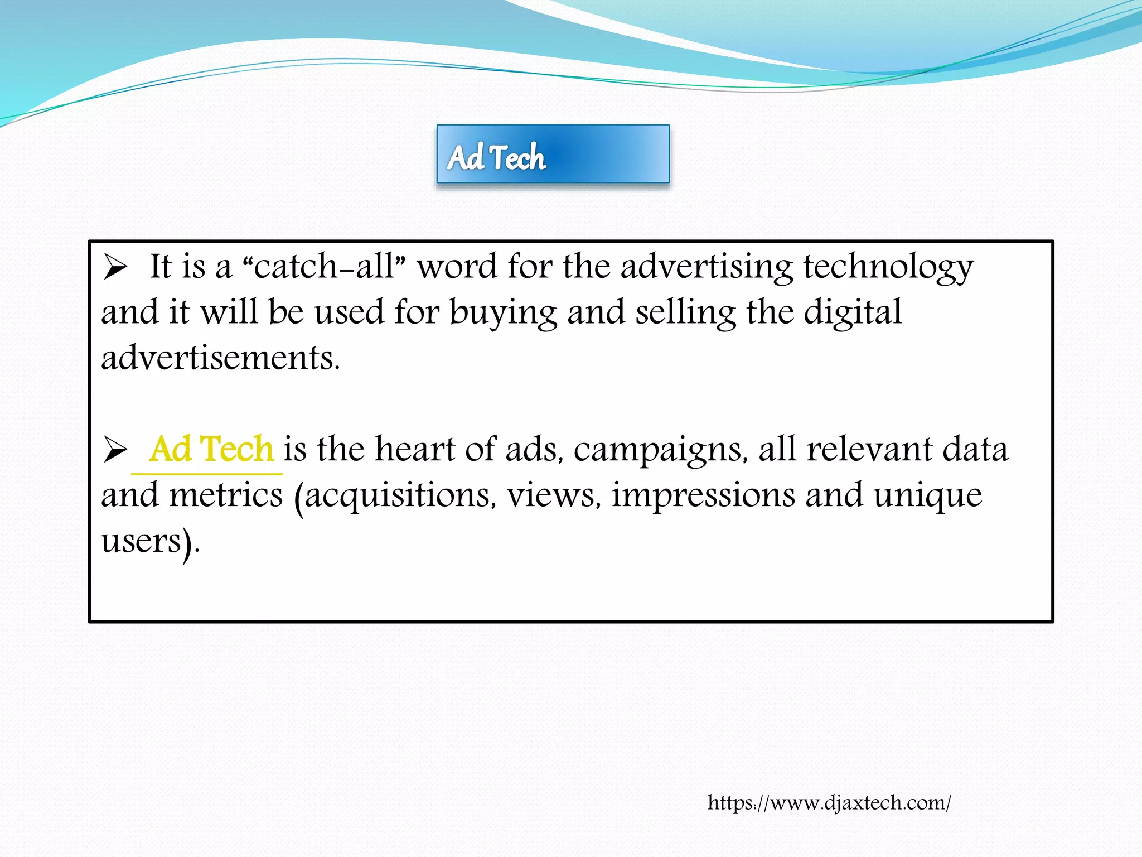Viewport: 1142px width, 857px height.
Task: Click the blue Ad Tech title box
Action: click(x=553, y=154)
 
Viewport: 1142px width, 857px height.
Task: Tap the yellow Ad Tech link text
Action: click(x=211, y=449)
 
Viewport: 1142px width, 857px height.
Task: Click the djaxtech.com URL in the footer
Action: click(x=829, y=802)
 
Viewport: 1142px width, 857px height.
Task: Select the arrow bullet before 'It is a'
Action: click(x=115, y=267)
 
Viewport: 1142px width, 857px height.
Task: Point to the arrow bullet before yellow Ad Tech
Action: click(x=115, y=449)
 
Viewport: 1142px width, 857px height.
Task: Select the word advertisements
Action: click(x=220, y=358)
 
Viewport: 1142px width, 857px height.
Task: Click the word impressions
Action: click(x=703, y=495)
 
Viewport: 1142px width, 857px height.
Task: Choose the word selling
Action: click(x=685, y=312)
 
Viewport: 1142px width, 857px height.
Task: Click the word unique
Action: click(x=927, y=495)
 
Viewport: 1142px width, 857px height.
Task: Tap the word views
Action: click(x=554, y=495)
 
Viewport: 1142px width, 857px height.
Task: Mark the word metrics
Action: click(x=226, y=495)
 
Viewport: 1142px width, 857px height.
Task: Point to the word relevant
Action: click(x=869, y=449)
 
